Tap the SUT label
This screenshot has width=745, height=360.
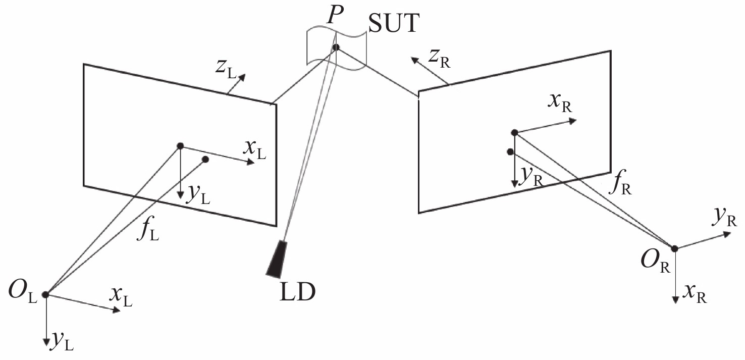[394, 23]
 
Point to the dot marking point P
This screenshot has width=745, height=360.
[336, 47]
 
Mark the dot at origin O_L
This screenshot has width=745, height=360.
[45, 294]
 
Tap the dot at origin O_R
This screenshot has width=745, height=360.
[674, 248]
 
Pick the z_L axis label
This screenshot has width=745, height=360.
[226, 69]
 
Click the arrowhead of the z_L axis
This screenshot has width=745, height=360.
[242, 77]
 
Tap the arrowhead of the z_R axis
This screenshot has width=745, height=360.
[414, 60]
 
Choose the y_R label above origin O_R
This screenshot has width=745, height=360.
[725, 219]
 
